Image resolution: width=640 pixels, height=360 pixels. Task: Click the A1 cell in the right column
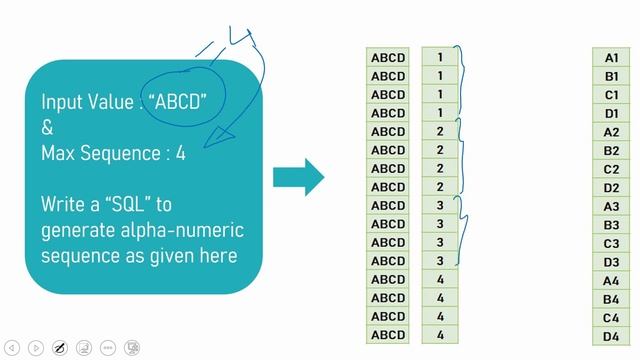coord(612,58)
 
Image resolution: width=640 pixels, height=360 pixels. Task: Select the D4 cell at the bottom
coord(612,337)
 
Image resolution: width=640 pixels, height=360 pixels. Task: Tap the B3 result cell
coord(612,225)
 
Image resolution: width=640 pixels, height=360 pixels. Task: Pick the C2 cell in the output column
coord(612,169)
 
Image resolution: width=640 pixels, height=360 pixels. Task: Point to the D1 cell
coord(612,114)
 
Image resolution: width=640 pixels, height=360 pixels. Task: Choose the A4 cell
coord(612,281)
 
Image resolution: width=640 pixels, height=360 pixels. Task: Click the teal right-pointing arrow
coord(298,177)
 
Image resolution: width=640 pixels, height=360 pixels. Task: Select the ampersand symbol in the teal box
coord(47,128)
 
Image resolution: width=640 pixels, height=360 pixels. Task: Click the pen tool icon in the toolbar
coord(60,348)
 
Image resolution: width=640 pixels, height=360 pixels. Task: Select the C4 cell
coord(612,318)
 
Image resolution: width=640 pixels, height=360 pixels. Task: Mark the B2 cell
coord(612,151)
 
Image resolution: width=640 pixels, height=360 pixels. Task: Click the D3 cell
coord(612,262)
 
